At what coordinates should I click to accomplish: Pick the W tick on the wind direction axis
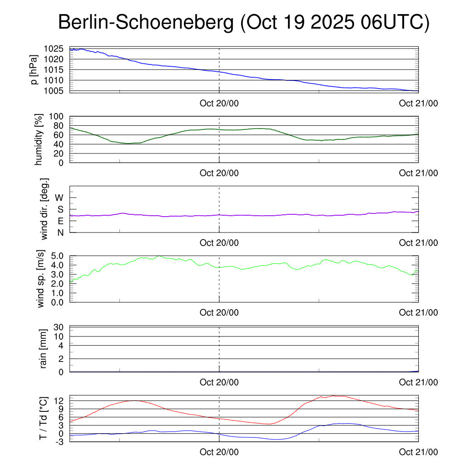pyautogui.click(x=59, y=198)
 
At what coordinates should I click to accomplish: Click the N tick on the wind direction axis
pyautogui.click(x=59, y=232)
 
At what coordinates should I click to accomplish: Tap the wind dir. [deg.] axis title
pyautogui.click(x=45, y=209)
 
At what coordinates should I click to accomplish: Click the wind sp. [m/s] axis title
pyautogui.click(x=41, y=279)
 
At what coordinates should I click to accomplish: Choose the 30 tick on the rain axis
pyautogui.click(x=59, y=327)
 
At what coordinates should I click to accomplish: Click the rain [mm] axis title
pyautogui.click(x=44, y=349)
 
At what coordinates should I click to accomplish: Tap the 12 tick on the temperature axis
pyautogui.click(x=59, y=401)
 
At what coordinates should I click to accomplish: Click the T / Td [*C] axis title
pyautogui.click(x=43, y=418)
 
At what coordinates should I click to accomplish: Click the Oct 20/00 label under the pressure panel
pyautogui.click(x=219, y=103)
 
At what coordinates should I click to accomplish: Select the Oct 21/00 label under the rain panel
pyautogui.click(x=418, y=382)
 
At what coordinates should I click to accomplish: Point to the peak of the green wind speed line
pyautogui.click(x=159, y=256)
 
